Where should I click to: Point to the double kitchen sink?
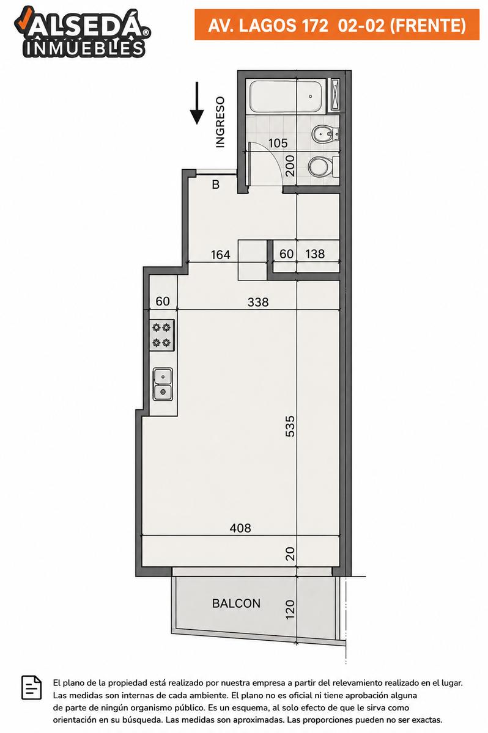click(x=163, y=384)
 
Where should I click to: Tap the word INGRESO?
click(x=220, y=122)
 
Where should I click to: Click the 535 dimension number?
click(x=290, y=426)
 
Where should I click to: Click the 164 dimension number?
click(x=220, y=255)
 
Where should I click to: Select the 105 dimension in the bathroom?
click(x=278, y=143)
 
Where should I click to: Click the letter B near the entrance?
click(x=215, y=184)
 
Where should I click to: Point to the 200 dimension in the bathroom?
click(x=290, y=166)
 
